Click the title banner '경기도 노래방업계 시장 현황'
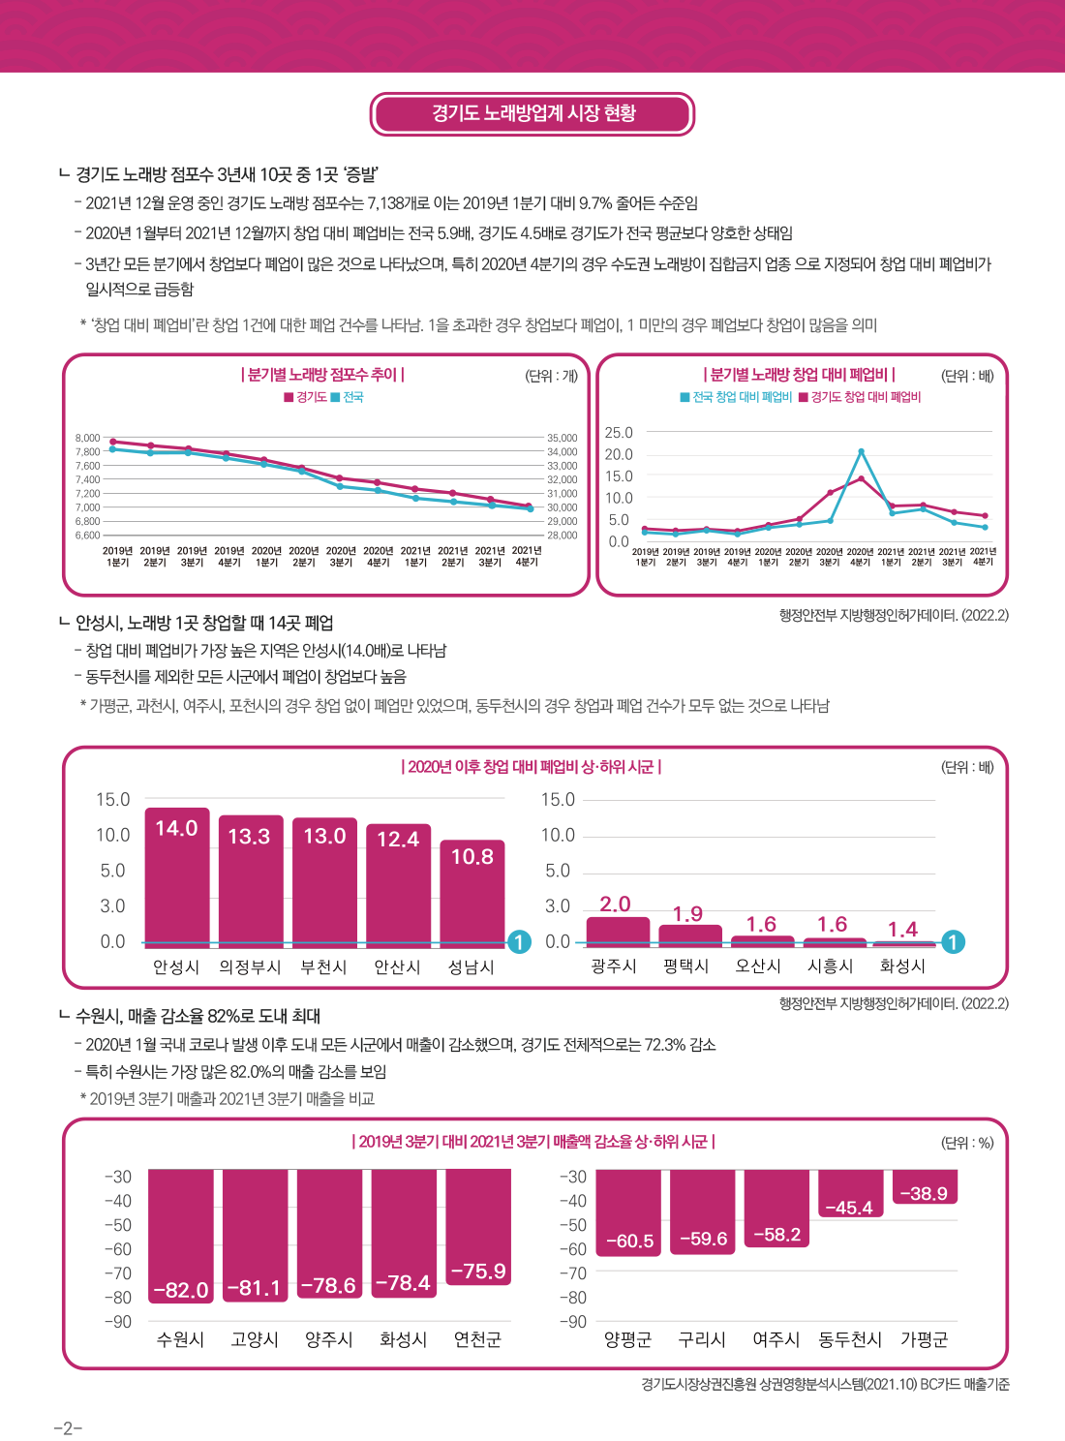coord(532,113)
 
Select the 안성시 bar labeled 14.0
coord(177,875)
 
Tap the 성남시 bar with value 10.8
coord(472,891)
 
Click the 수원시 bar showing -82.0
coord(181,1235)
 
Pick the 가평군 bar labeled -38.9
coord(925,1186)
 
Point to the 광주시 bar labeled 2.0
coord(618,931)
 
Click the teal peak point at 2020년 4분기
coord(861,452)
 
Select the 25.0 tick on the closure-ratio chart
coord(619,433)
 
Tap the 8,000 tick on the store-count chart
coord(87,438)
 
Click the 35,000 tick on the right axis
coord(563,438)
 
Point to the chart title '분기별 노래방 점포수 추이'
coord(322,375)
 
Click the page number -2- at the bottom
coord(68,1428)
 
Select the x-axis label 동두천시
coord(850,1339)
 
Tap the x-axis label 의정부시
coord(250,967)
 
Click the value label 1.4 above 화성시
coord(902,930)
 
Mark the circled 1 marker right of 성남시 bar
coord(520,942)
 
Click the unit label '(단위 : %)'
coord(967,1143)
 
